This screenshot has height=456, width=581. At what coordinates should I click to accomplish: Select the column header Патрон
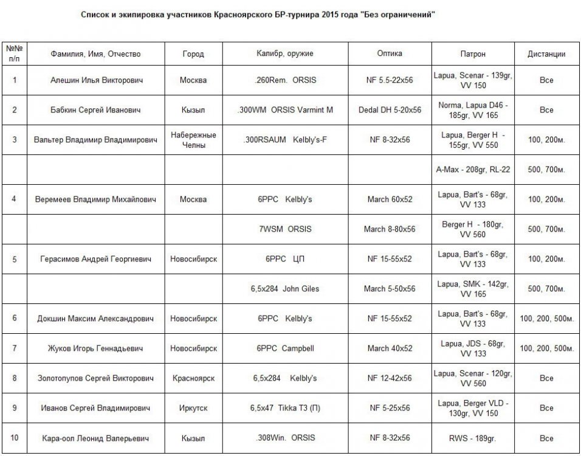(x=473, y=54)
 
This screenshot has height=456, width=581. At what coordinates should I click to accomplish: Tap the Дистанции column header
(x=546, y=54)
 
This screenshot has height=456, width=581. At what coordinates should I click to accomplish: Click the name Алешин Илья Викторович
(x=95, y=80)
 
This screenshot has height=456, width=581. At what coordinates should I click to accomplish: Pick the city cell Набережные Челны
(x=193, y=139)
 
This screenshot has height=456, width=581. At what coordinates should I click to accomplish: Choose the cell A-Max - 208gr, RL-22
(x=473, y=170)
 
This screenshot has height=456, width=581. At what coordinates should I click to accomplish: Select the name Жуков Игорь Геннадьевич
(x=95, y=348)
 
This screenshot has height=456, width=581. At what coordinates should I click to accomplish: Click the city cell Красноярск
(x=193, y=378)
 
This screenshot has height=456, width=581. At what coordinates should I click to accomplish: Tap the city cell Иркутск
(x=193, y=408)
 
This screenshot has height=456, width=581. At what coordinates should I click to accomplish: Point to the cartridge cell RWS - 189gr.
(x=473, y=438)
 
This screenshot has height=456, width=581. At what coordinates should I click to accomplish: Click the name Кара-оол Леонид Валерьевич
(x=95, y=438)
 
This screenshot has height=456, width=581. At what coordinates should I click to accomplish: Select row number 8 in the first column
(x=15, y=378)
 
